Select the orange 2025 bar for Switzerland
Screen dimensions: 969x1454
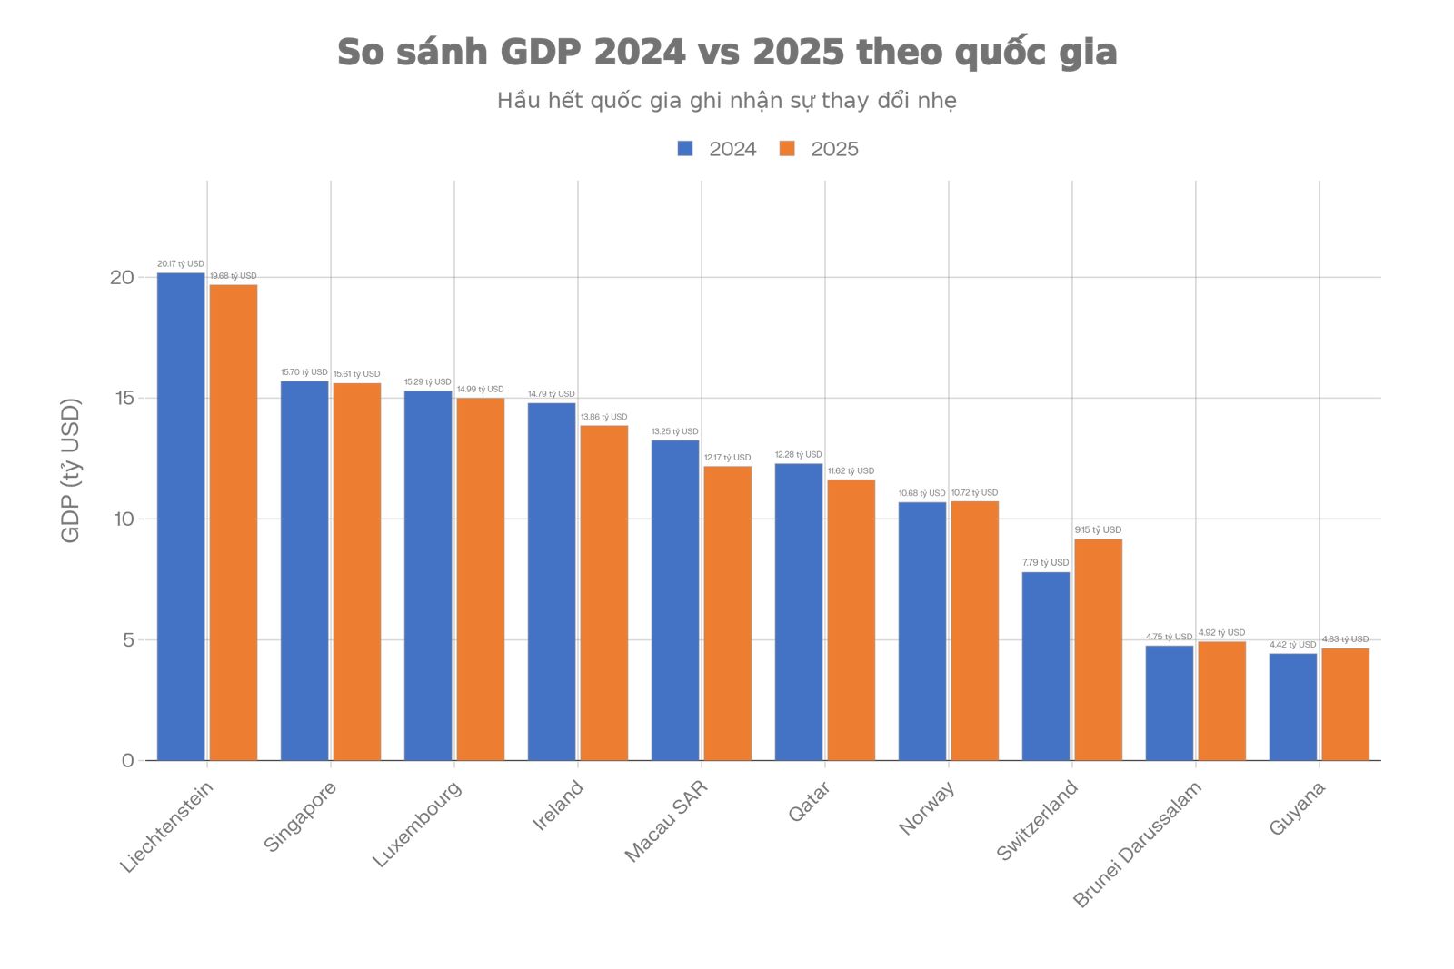point(1098,649)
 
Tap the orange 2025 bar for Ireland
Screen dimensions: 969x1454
point(603,592)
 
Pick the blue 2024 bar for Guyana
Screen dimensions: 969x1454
point(1292,707)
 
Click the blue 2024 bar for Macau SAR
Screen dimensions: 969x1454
point(675,599)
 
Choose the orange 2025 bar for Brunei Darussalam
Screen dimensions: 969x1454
point(1221,700)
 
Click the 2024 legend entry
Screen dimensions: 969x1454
point(717,149)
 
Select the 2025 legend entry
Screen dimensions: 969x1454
point(819,149)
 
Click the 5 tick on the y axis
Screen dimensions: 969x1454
point(128,639)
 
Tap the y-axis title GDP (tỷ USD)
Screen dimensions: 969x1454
point(70,470)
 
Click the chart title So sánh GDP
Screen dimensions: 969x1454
point(727,52)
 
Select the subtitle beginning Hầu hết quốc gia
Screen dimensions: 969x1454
point(727,100)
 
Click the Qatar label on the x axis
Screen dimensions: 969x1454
point(809,802)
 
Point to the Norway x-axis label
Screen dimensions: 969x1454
point(926,807)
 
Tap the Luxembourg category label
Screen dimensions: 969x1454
point(417,823)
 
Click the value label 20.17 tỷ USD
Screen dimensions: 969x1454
point(181,264)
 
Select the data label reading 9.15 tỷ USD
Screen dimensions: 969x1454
point(1098,529)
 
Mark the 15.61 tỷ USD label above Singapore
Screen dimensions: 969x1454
point(356,374)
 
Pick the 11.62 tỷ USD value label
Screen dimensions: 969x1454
point(851,471)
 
